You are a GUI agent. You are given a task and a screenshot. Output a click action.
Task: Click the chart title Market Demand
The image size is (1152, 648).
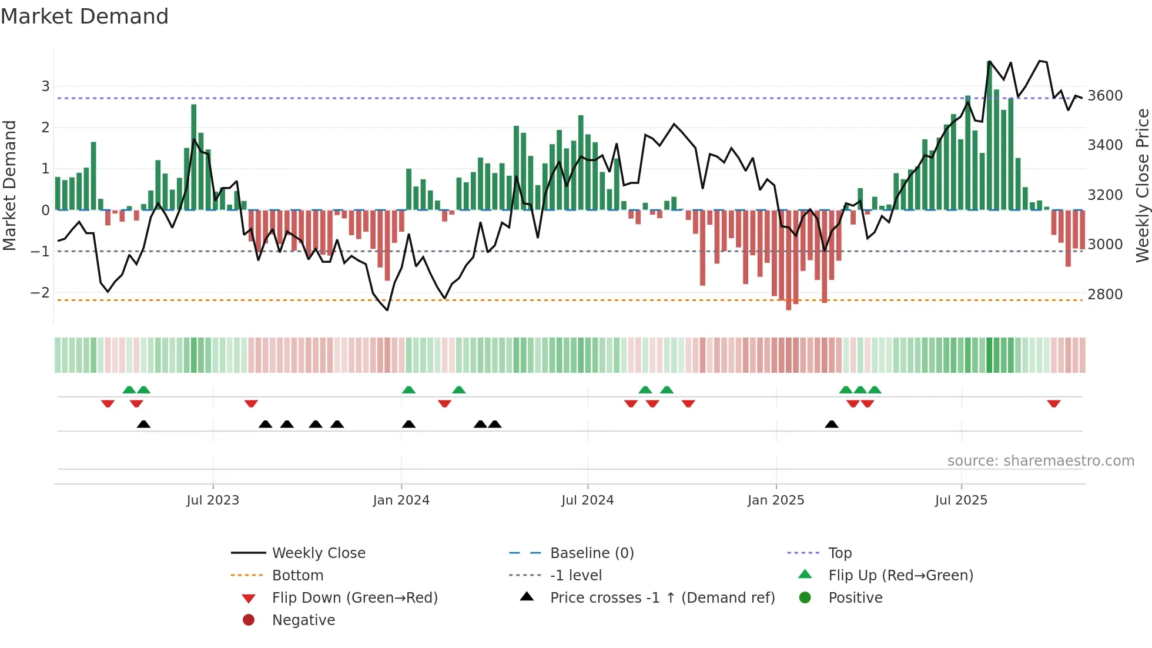click(85, 16)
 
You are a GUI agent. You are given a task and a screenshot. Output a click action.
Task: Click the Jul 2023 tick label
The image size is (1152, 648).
click(213, 500)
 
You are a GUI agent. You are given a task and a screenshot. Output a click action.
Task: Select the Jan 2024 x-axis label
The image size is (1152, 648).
click(401, 500)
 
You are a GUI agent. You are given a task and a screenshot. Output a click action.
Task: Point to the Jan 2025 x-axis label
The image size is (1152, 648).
click(775, 500)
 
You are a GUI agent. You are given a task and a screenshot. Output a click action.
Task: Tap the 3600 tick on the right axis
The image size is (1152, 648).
click(1104, 96)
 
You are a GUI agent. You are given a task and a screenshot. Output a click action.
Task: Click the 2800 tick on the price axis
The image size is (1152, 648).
click(1104, 295)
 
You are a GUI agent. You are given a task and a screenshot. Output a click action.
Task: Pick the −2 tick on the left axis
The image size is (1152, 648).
click(40, 293)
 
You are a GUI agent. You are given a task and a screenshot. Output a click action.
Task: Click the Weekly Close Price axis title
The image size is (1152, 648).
click(1142, 185)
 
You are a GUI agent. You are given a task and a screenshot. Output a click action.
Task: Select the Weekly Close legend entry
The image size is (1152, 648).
click(318, 553)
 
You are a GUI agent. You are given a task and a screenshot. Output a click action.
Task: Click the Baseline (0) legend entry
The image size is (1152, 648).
click(591, 553)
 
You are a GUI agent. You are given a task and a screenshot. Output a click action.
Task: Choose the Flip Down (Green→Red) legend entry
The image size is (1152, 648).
click(354, 598)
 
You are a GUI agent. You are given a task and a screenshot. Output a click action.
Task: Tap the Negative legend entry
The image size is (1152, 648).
click(303, 620)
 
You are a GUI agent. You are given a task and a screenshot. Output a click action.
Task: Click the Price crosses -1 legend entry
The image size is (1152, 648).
click(662, 598)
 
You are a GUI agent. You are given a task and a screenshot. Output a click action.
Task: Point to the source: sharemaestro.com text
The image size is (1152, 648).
click(1040, 461)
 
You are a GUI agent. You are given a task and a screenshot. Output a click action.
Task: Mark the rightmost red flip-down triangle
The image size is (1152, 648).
click(1053, 403)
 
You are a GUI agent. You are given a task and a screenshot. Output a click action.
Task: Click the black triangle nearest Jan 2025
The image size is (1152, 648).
click(831, 424)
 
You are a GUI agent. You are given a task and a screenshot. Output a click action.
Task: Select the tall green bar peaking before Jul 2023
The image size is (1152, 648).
click(194, 159)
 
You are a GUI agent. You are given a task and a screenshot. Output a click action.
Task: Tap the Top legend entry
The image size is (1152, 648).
click(839, 553)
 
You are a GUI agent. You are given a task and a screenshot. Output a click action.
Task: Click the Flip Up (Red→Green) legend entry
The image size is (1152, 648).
click(900, 576)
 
